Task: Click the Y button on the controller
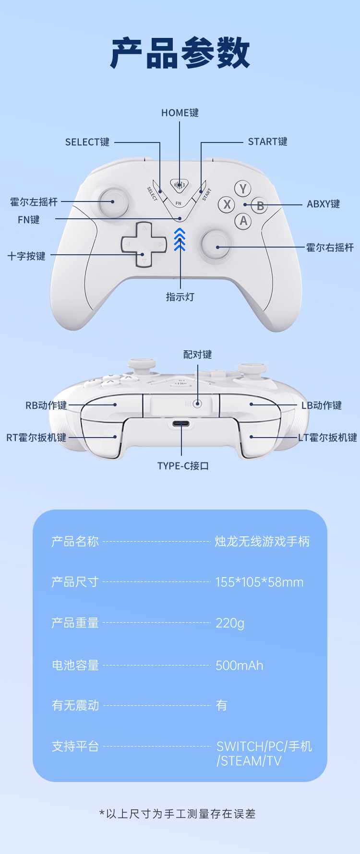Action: tap(243, 189)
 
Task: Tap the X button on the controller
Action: tap(227, 205)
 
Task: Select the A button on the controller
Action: tap(243, 221)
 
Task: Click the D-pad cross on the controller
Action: tap(144, 245)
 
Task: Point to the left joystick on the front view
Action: tap(113, 202)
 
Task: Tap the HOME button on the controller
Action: tap(179, 185)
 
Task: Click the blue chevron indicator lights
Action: tap(180, 239)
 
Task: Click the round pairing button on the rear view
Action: tap(197, 403)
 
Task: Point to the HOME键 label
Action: tap(180, 113)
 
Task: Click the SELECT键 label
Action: tap(87, 142)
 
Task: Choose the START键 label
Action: tap(267, 142)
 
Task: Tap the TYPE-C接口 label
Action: tap(183, 466)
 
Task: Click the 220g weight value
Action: tap(230, 623)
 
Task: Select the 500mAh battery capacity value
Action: tap(239, 665)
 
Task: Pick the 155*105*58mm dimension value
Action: tap(259, 582)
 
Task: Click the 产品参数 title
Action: tap(180, 53)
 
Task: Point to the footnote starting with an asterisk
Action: tap(177, 814)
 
